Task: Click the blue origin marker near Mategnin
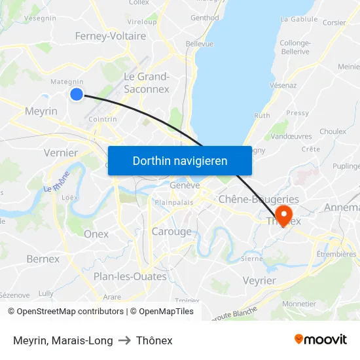point(77,94)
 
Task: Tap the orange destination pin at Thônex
point(284,215)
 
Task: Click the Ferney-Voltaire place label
point(111,36)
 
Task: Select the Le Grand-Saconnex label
point(147,82)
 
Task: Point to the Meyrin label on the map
point(41,111)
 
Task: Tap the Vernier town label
point(60,153)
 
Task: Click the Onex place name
point(96,234)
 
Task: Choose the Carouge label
point(171,231)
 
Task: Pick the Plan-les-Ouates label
point(130,276)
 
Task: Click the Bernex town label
point(43,259)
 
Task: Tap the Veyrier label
point(259,280)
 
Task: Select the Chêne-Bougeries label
point(259,199)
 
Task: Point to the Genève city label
point(185,185)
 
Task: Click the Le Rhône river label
point(57,181)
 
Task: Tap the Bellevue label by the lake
point(200,44)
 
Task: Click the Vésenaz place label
point(283,85)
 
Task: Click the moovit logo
point(321,340)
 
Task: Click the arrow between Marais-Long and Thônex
point(124,340)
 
